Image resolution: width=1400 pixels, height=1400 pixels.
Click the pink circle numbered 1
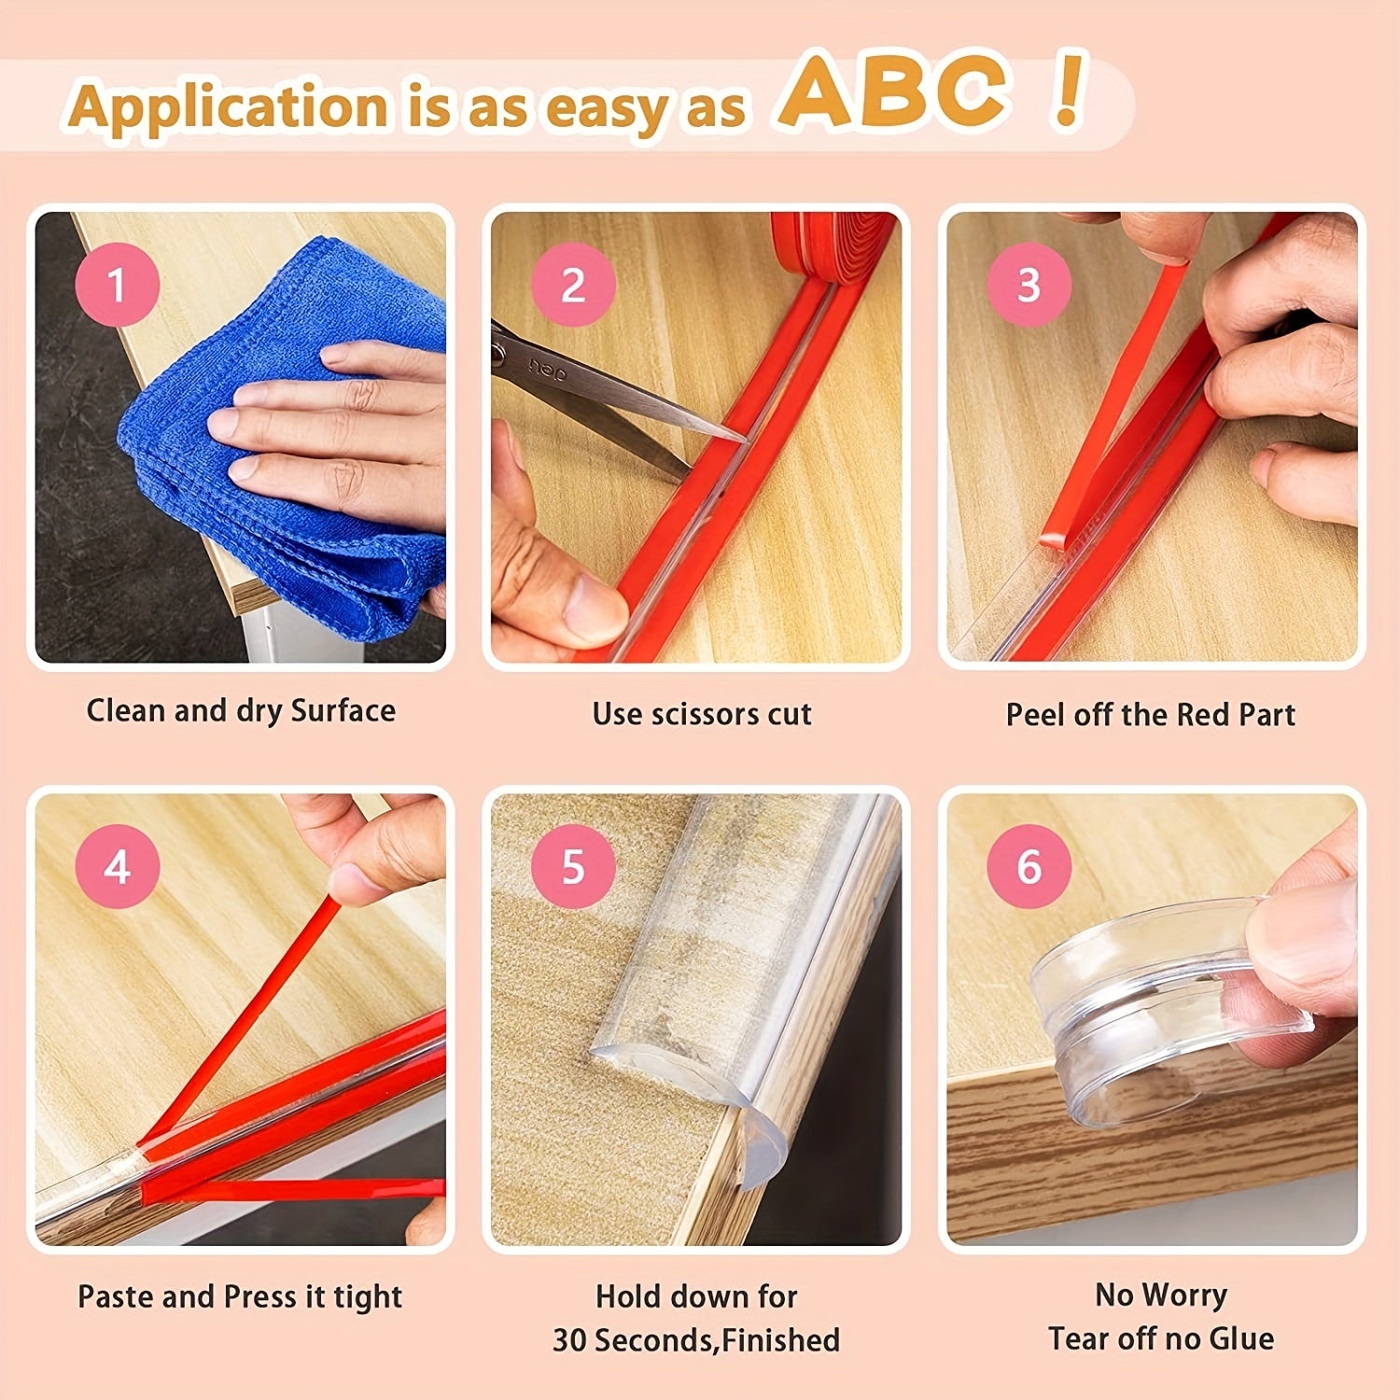tap(117, 285)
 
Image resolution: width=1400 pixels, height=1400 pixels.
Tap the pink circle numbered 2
tap(573, 285)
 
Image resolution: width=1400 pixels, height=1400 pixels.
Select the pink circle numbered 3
tap(1029, 285)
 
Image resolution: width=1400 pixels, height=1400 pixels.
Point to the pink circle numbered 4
tap(117, 867)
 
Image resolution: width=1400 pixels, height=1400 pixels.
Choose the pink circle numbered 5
tap(573, 867)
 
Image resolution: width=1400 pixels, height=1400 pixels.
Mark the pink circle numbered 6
tap(1029, 867)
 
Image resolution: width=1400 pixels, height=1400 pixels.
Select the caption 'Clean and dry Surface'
tap(241, 711)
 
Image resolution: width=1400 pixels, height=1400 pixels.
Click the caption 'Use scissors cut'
tap(702, 714)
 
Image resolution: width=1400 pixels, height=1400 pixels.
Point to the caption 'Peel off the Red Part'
tap(1150, 715)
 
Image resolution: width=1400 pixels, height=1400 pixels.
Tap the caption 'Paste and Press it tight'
tap(240, 1297)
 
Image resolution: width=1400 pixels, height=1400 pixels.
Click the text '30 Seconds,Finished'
tap(696, 1340)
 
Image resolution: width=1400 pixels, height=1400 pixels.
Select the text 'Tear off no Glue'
tap(1160, 1338)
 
